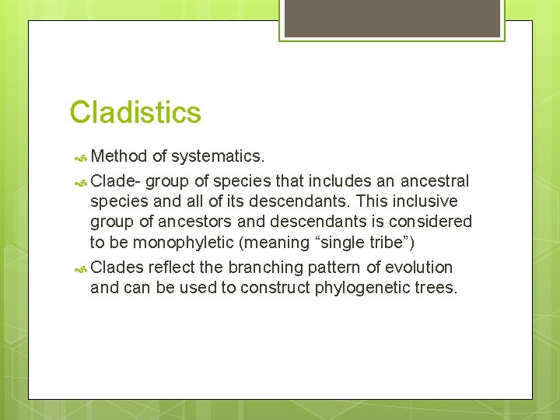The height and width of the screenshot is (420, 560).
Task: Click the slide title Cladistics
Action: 135,113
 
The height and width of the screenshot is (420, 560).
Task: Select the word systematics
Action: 218,156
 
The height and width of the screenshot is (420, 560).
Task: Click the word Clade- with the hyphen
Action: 116,181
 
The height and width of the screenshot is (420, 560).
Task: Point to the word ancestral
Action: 435,181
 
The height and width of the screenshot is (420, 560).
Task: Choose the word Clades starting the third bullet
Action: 117,267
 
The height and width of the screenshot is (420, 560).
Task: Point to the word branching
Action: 271,267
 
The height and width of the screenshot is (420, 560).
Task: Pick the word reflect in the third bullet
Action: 172,267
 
